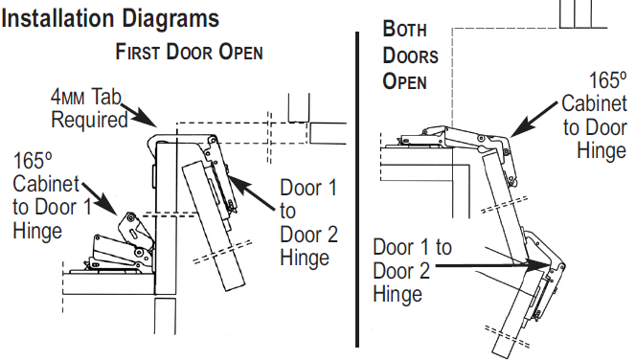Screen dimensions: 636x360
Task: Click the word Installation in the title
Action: coord(58,18)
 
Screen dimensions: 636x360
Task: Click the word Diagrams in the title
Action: coord(170,19)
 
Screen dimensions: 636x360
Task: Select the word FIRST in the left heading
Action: coord(138,52)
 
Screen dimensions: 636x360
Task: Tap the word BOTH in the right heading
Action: coord(404,29)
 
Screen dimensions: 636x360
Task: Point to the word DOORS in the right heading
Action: coord(410,56)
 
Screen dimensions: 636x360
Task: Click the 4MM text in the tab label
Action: coord(67,98)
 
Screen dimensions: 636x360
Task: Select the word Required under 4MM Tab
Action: coord(89,121)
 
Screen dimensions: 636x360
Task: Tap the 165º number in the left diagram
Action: coord(34,161)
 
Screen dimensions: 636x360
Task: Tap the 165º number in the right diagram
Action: coord(607,80)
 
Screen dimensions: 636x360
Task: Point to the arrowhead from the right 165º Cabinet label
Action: coord(518,128)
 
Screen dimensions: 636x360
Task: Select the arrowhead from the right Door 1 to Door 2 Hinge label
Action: coord(538,264)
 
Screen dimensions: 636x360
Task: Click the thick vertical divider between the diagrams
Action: coord(357,190)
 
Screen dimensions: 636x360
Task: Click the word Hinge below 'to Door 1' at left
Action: coord(37,232)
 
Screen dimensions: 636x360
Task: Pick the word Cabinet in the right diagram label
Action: coord(594,103)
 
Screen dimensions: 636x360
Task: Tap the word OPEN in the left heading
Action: coord(241,53)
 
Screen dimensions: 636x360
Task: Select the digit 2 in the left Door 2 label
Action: coord(331,235)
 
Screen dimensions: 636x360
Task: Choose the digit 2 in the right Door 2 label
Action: coord(424,271)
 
